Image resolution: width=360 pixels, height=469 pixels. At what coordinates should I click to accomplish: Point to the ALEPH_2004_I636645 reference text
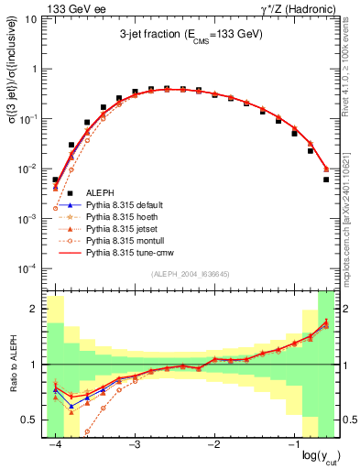tap(190, 273)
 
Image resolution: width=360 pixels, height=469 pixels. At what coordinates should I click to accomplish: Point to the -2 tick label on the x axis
tap(213, 444)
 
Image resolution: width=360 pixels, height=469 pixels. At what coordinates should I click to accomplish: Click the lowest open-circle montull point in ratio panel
tap(88, 431)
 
